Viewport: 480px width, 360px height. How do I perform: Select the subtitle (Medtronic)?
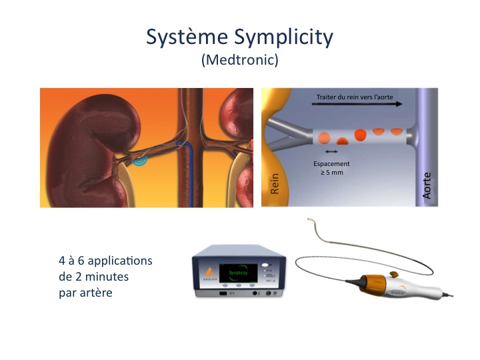click(x=239, y=60)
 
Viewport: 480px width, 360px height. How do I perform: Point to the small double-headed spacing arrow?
click(x=327, y=153)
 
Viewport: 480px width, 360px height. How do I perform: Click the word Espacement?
click(x=331, y=163)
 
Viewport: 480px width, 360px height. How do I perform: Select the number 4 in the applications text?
click(x=62, y=260)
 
